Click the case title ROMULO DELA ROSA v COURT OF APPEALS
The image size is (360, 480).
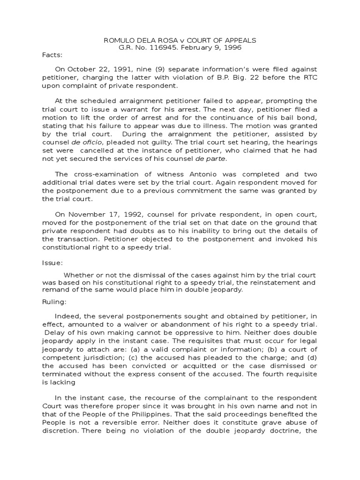coord(180,40)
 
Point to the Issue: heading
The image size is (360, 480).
coord(52,263)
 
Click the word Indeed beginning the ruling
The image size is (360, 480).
coord(68,315)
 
